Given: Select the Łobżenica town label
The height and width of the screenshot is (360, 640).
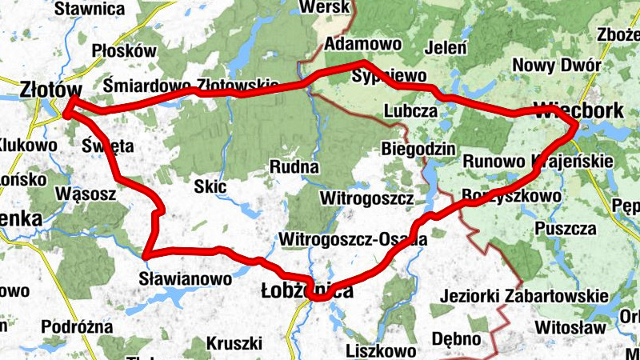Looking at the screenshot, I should pos(307,292).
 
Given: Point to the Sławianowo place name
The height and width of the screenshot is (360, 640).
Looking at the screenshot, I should pos(185,279).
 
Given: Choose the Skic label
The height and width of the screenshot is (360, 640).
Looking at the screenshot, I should pos(211,187).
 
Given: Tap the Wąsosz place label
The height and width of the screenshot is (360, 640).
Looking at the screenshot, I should pos(87,194).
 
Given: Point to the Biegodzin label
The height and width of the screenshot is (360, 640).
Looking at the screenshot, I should pos(418,149).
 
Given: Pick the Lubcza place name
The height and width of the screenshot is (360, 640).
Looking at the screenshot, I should pos(410,110).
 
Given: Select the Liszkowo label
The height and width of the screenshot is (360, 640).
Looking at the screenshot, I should pos(381,351).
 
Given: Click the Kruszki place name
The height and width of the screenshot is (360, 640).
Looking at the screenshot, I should pos(234,344).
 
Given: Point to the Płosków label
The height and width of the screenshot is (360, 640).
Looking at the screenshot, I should pos(123,50).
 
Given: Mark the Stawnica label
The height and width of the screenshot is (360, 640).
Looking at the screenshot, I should pos(90,9).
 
